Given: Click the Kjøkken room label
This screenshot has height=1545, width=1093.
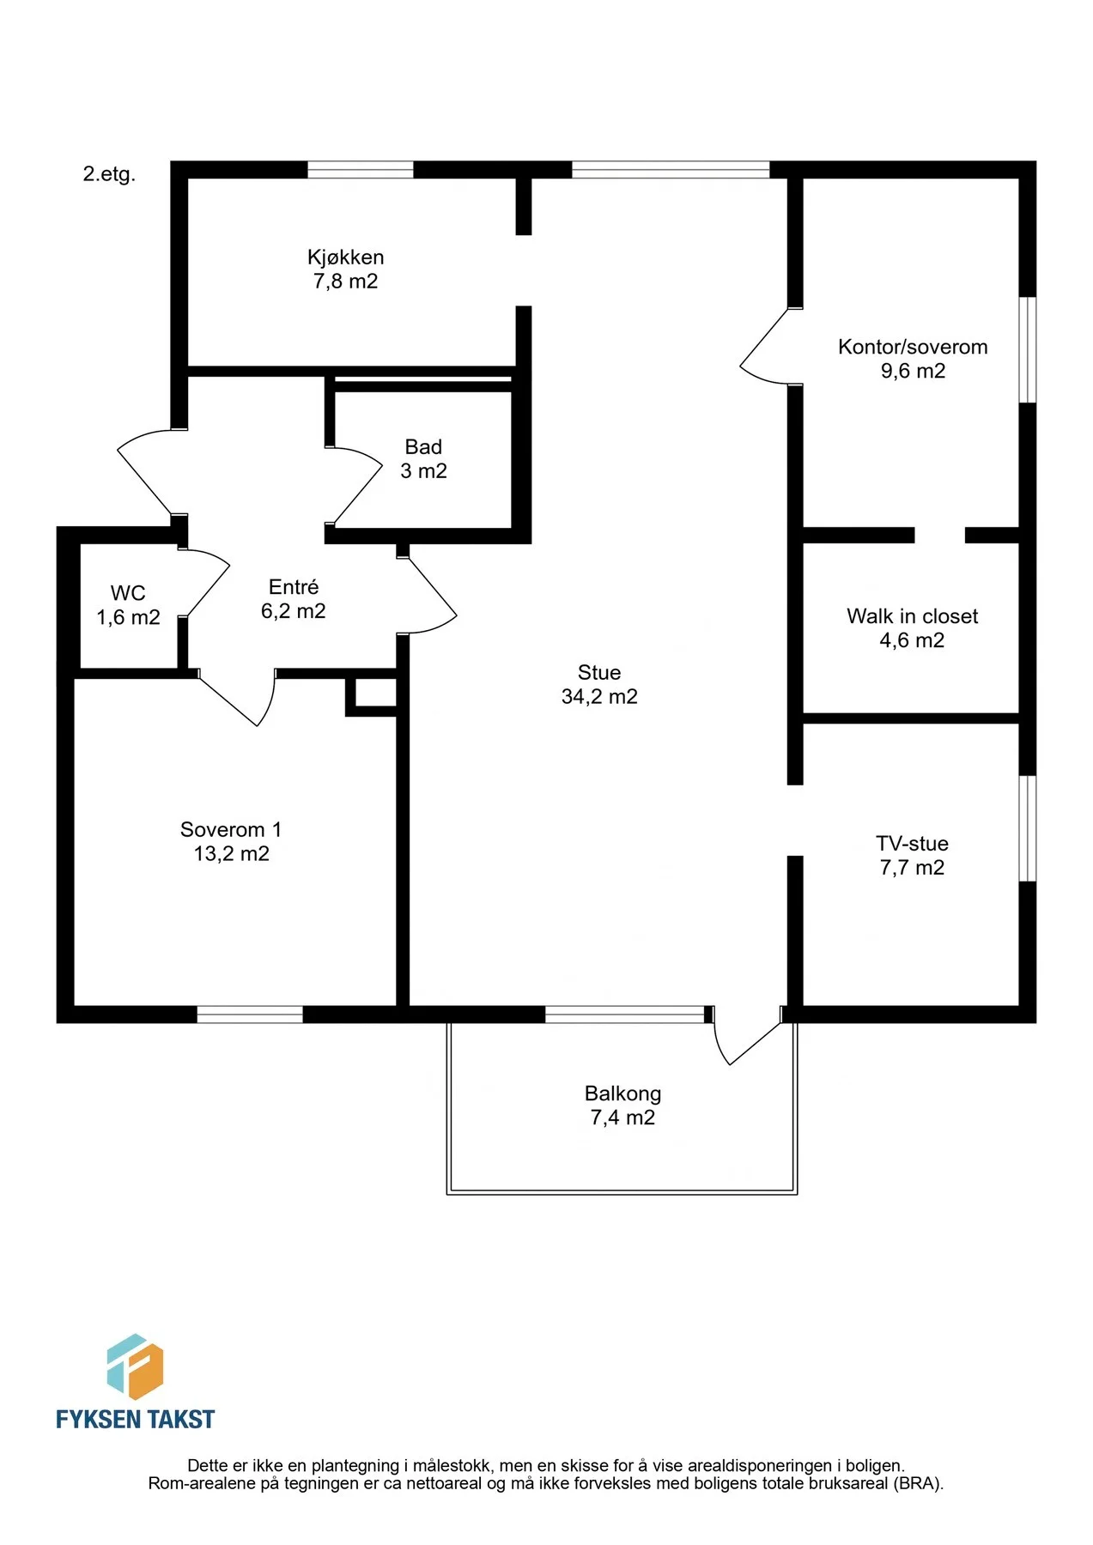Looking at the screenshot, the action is tap(345, 257).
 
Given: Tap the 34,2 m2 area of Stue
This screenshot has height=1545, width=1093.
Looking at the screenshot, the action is tap(599, 697).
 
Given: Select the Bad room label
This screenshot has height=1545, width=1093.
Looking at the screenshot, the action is tap(423, 447).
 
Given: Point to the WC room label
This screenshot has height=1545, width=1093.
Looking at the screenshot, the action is tap(128, 593).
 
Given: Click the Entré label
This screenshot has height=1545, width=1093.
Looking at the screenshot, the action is tap(294, 587).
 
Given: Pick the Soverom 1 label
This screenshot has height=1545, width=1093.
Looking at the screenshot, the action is tap(231, 830).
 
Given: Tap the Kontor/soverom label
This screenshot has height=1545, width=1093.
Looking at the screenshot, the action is tap(913, 348).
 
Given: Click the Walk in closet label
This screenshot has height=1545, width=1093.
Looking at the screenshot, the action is tap(913, 616).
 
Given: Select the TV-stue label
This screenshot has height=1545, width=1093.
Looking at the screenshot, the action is tap(912, 844).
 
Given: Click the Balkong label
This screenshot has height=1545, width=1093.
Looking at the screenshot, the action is tap(622, 1094).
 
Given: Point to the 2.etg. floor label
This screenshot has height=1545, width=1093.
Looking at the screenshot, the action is tap(109, 174).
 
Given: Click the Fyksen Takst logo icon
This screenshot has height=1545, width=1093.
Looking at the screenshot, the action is tap(135, 1366).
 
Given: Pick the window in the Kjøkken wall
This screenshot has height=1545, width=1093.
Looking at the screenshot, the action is tap(361, 170).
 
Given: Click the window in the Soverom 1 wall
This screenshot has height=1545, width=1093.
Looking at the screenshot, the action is tap(250, 1015).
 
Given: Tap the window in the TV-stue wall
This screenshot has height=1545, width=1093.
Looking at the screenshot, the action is tap(1028, 828).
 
